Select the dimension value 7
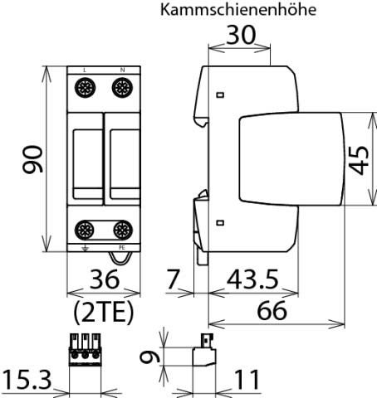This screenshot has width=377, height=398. [173, 279]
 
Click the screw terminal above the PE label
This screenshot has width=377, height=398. [122, 230]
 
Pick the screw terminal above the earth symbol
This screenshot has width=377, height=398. [86, 230]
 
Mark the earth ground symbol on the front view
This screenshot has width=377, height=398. [86, 247]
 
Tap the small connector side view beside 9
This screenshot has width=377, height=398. [203, 354]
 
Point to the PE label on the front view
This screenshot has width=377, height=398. [122, 247]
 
